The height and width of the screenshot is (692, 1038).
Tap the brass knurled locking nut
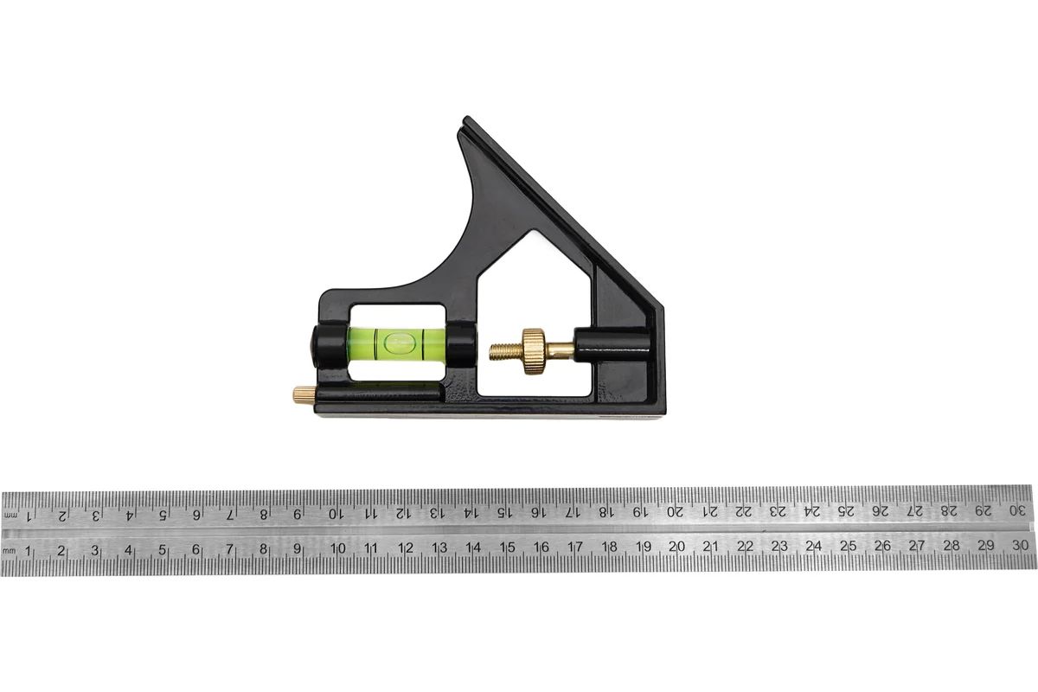[534, 351]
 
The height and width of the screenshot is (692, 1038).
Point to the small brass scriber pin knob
[303, 395]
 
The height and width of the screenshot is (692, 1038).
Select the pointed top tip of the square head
[466, 118]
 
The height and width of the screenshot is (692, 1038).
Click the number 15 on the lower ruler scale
[507, 548]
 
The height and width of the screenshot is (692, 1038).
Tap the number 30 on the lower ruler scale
[1020, 545]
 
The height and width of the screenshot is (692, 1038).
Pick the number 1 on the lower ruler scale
[28, 551]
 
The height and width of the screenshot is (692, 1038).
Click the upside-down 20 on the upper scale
[675, 512]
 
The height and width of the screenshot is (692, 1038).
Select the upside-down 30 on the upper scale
[1017, 509]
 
